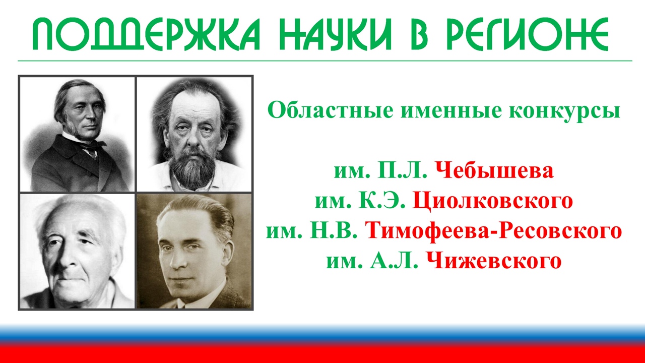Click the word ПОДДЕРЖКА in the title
tap(146, 34)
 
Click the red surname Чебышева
tap(494, 170)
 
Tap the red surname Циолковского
tap(493, 200)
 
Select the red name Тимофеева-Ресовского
tap(493, 230)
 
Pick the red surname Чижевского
tap(494, 261)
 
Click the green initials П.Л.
tap(402, 170)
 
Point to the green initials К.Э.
tap(381, 200)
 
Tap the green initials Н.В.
tap(333, 230)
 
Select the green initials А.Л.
tap(394, 261)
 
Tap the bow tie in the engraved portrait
tap(93, 146)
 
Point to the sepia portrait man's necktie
tap(181, 304)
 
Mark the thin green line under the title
tap(325, 61)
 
